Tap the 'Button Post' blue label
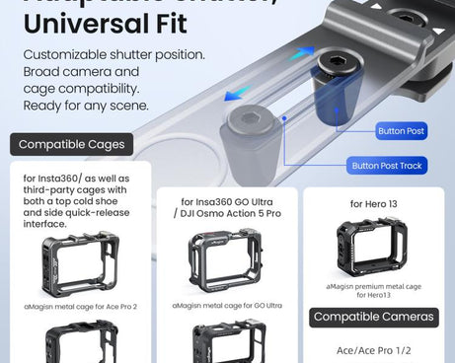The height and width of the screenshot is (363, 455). [401, 130]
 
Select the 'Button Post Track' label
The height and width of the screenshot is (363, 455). [388, 166]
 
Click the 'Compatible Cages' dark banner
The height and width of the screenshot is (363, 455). [71, 145]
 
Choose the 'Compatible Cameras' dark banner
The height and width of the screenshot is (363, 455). [373, 317]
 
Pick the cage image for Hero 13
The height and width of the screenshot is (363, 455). [371, 248]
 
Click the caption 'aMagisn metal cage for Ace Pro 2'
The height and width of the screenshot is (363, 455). [81, 307]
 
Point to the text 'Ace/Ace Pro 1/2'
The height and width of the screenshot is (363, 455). [373, 351]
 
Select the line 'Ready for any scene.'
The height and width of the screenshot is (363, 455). [86, 106]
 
